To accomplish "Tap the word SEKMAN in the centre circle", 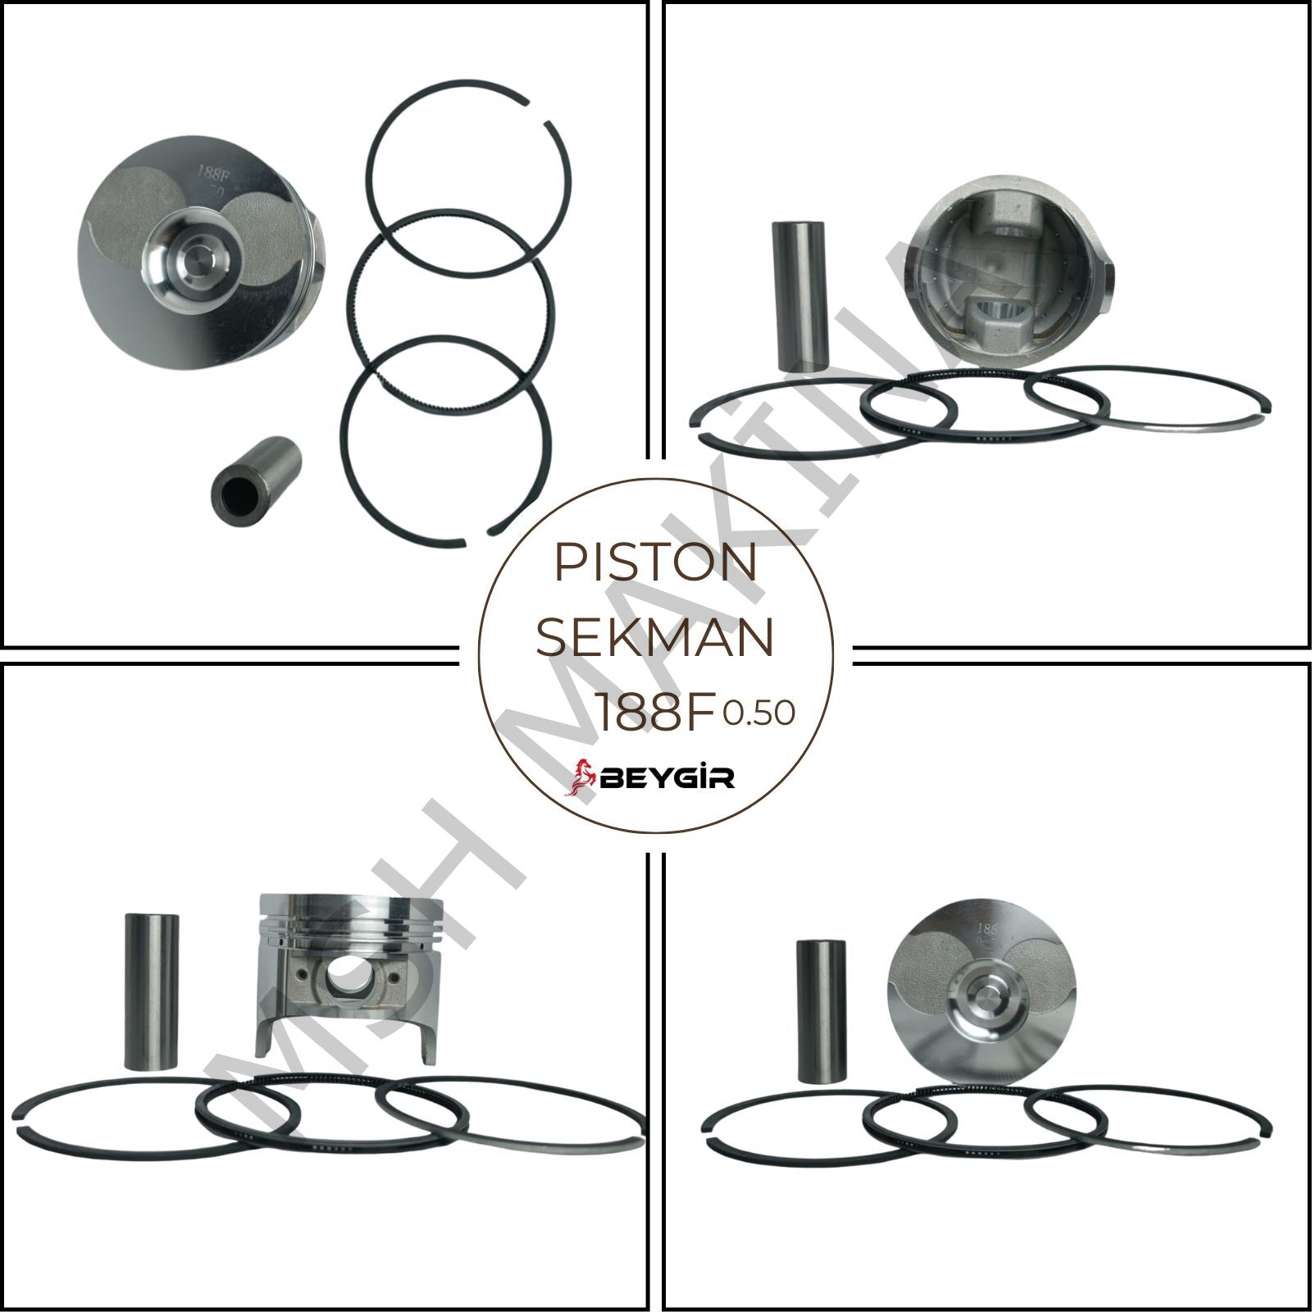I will [654, 639].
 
